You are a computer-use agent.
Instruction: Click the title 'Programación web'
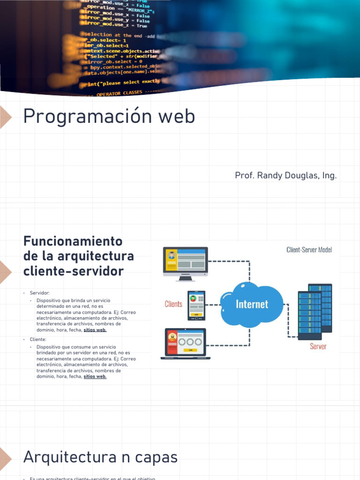click(109, 116)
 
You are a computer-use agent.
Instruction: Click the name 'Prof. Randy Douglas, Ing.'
click(285, 176)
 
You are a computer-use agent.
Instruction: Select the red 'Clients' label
click(173, 304)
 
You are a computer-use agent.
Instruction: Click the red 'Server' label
click(318, 346)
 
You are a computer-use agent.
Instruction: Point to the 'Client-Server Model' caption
click(309, 250)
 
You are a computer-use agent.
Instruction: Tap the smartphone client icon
click(196, 305)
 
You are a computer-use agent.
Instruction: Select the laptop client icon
click(185, 344)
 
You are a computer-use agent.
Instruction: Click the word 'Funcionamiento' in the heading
click(73, 241)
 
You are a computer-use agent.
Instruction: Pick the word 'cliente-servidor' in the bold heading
click(74, 271)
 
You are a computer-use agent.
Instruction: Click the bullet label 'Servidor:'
click(39, 293)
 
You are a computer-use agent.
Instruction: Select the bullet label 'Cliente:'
click(38, 339)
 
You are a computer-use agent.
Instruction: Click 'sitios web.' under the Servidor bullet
click(95, 330)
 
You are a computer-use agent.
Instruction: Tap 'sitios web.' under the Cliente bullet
click(95, 376)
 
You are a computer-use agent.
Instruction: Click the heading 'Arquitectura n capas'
click(100, 457)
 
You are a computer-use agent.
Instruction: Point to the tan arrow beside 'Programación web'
click(6, 116)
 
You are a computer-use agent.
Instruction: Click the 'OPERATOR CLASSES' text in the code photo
click(119, 93)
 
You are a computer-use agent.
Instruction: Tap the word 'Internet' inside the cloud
click(252, 304)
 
